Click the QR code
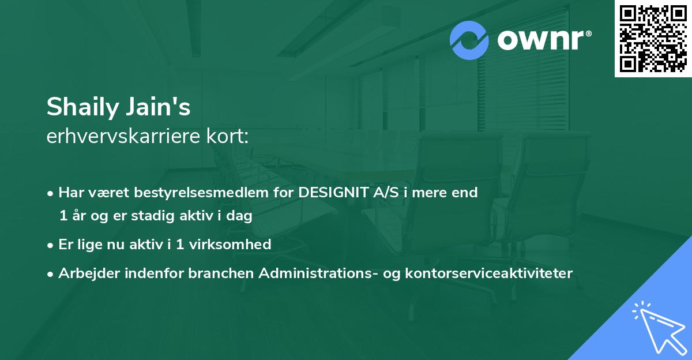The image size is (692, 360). pyautogui.click(x=653, y=39)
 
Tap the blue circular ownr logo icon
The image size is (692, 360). pyautogui.click(x=469, y=40)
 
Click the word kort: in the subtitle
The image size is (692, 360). pyautogui.click(x=230, y=137)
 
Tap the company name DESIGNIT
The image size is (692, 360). pyautogui.click(x=334, y=193)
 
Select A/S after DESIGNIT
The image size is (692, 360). pyautogui.click(x=386, y=193)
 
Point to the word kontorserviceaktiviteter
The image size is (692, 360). pyautogui.click(x=489, y=273)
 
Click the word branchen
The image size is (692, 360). pyautogui.click(x=221, y=273)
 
